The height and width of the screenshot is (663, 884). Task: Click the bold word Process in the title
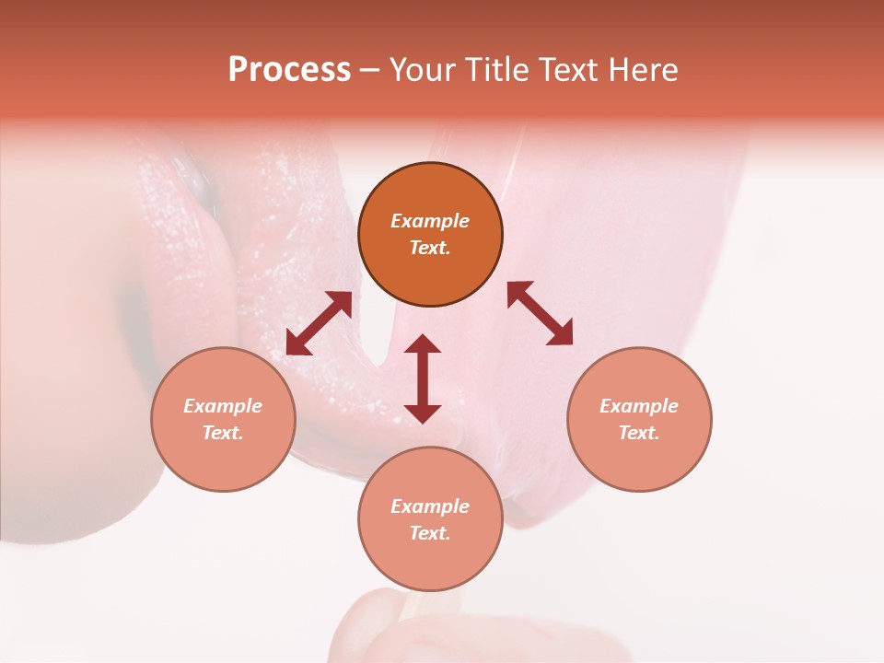pos(289,70)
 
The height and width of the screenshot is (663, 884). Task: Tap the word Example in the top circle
pos(430,221)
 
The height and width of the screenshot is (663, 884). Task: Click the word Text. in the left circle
pos(223,433)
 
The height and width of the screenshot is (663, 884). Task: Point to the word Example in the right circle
pos(639,406)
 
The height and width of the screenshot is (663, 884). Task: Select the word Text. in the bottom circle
pos(430,533)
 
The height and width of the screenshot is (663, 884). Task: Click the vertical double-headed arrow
pos(423,378)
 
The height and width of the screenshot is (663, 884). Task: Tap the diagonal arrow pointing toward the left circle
pos(319,323)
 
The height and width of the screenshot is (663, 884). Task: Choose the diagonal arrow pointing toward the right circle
pos(540,313)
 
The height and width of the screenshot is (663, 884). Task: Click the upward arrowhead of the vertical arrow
pos(423,343)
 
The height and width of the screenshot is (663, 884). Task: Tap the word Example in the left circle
pos(223,406)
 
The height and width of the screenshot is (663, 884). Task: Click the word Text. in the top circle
pos(430,248)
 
